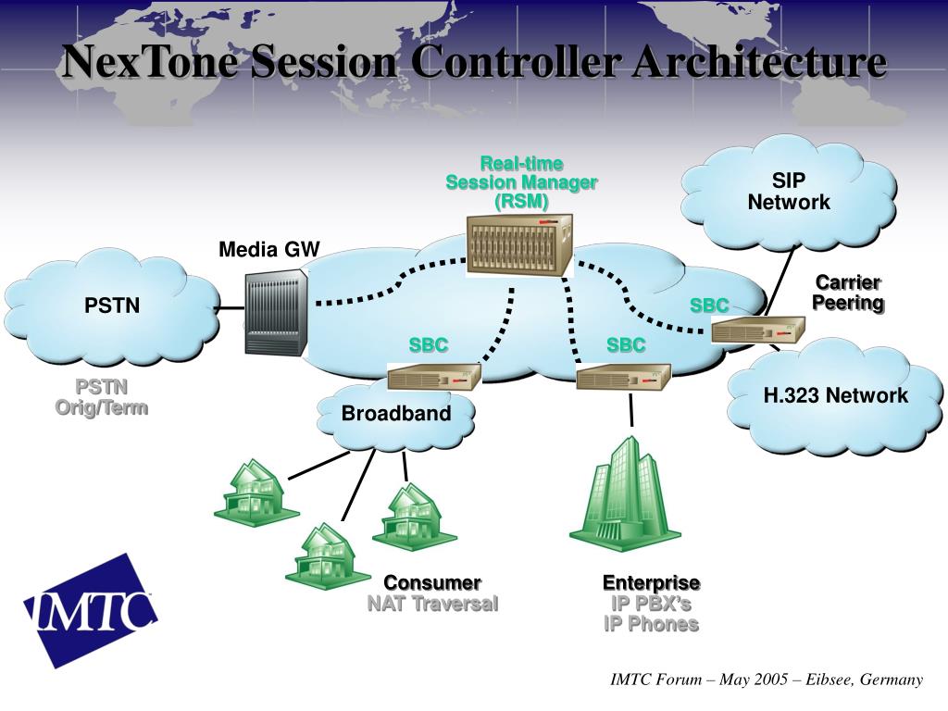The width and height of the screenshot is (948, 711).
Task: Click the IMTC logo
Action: (91, 608)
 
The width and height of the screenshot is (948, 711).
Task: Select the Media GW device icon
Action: (276, 314)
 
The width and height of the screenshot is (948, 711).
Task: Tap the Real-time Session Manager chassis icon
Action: (519, 244)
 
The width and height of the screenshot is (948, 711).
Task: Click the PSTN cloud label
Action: (112, 306)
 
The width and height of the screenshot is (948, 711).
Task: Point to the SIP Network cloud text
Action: (789, 192)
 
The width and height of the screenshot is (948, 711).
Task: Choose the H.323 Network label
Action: (835, 396)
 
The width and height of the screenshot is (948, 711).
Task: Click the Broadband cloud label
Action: (396, 413)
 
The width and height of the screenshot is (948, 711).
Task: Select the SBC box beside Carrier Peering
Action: (758, 329)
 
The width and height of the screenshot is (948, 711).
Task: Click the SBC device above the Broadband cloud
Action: (433, 376)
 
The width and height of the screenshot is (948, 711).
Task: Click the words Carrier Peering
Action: (847, 293)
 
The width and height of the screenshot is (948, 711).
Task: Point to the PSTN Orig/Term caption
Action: (101, 396)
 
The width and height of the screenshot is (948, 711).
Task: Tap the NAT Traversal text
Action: (432, 605)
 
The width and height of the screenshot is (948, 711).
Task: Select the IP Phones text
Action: (651, 624)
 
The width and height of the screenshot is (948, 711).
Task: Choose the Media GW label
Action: (268, 249)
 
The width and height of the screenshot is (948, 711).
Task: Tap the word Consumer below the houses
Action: (432, 583)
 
